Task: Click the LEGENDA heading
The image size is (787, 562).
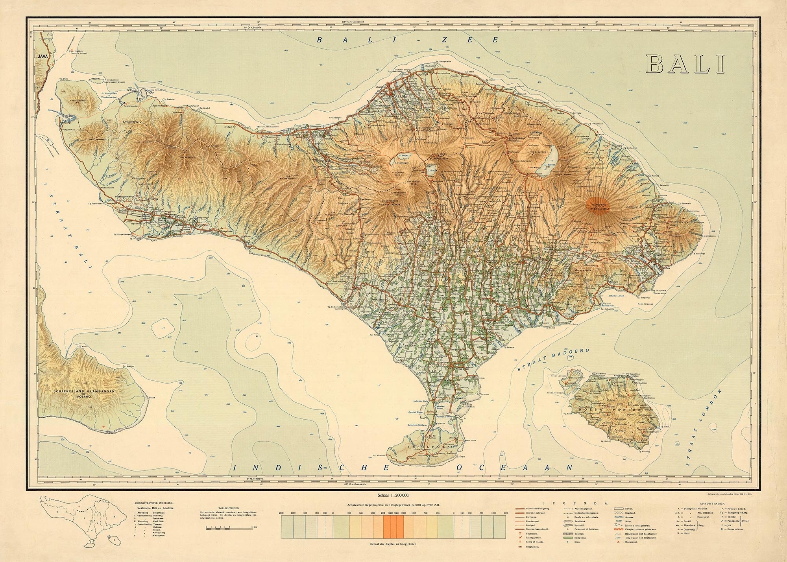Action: click(575, 503)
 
